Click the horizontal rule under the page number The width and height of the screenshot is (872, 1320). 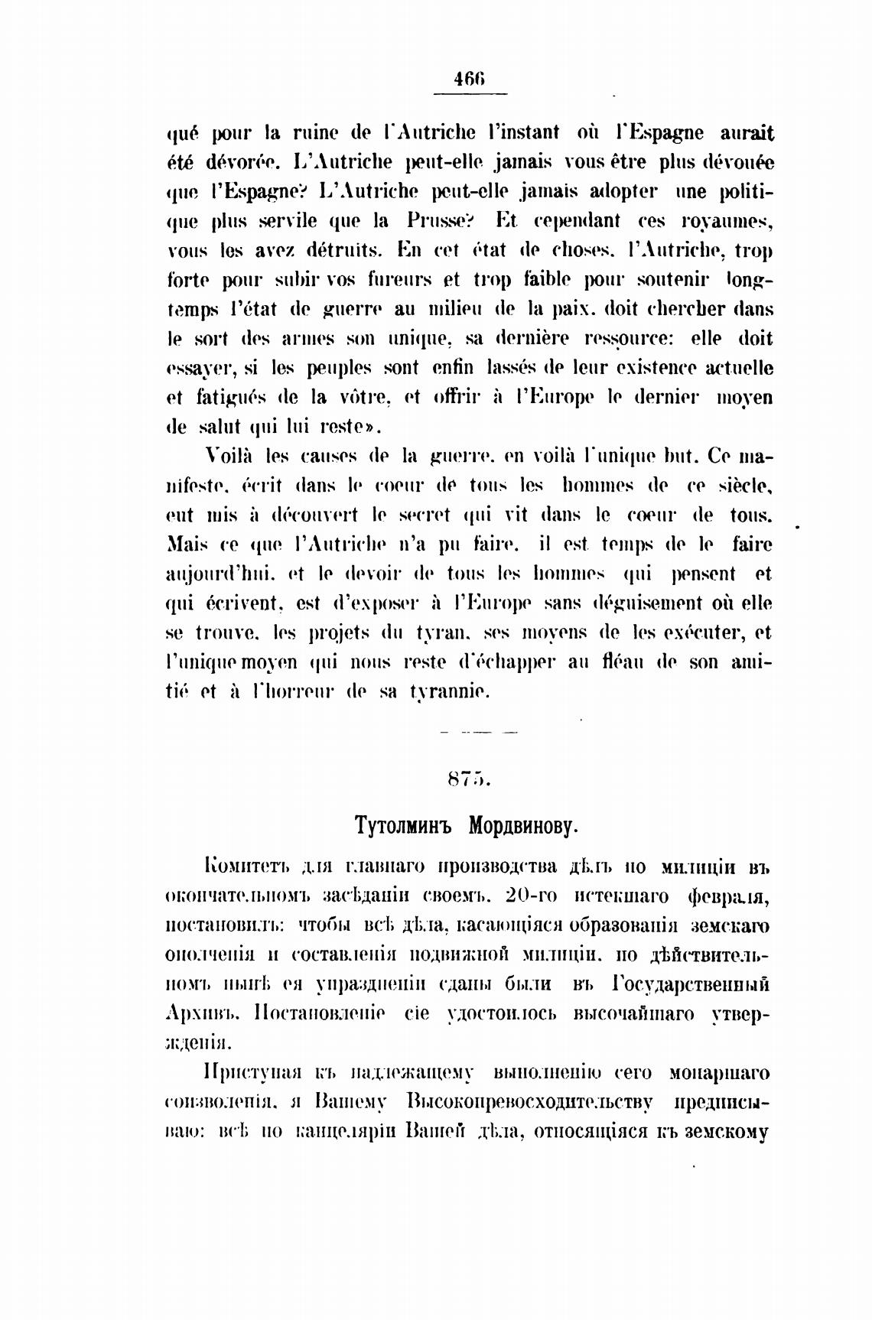pyautogui.click(x=470, y=94)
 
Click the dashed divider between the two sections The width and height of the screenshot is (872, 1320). pyautogui.click(x=479, y=732)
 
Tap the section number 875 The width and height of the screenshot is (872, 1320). pyautogui.click(x=468, y=780)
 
